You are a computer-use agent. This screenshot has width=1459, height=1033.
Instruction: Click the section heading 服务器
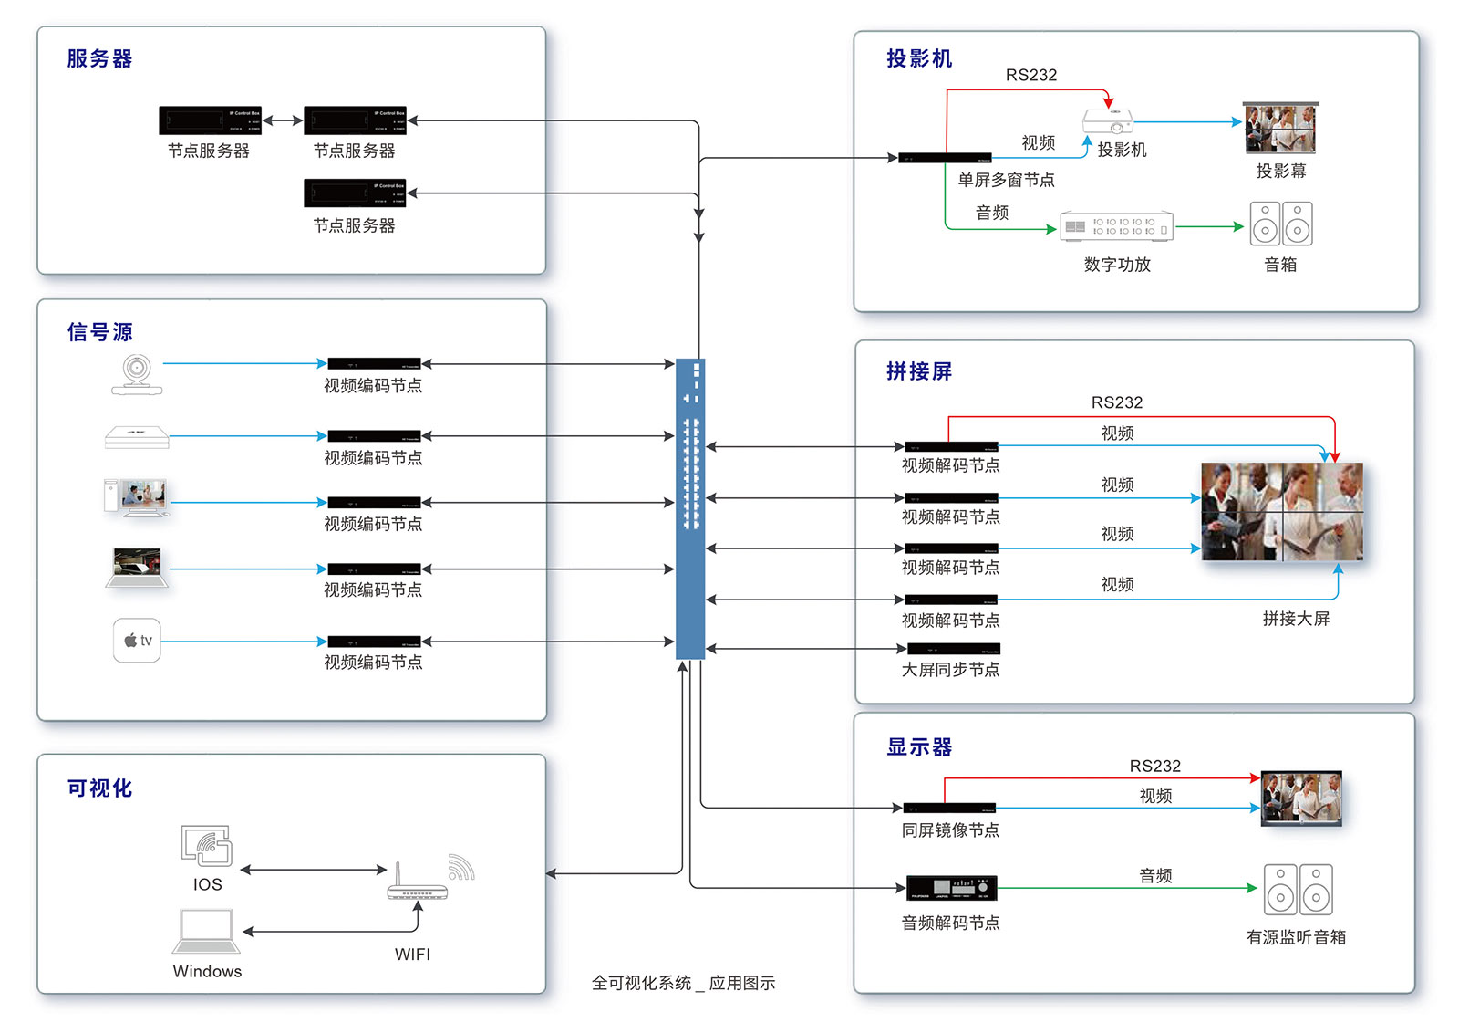coord(99,59)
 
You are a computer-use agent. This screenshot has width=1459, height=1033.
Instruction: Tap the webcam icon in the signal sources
coord(137,374)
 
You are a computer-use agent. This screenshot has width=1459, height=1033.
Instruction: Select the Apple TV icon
coord(137,641)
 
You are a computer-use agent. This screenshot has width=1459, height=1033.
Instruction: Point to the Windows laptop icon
coord(206,932)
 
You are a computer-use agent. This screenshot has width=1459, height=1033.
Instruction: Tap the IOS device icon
coord(207,846)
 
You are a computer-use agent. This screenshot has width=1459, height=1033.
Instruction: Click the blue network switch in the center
coord(690,508)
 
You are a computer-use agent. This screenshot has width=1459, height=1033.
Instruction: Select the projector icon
coord(1108,121)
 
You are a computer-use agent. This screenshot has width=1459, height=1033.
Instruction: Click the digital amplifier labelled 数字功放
coord(1117,226)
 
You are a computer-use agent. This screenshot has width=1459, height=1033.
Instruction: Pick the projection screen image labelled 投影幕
coord(1280,129)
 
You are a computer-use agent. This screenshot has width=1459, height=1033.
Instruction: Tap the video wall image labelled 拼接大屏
coord(1282,511)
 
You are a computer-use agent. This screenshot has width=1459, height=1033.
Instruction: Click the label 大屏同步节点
coord(950,670)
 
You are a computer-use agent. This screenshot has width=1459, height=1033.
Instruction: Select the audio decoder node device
coord(951,888)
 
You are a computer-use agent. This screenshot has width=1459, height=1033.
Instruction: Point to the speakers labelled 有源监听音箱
coord(1298,890)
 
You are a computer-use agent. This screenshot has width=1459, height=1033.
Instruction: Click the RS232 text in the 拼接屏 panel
coord(1117,402)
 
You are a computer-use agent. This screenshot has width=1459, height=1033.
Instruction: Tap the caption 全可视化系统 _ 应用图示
coord(683,983)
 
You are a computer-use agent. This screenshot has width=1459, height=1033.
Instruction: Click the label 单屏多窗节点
coord(1006,180)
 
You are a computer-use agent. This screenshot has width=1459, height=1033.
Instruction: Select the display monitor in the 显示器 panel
coord(1301,798)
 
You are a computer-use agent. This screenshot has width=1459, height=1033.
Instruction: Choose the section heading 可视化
coord(99,788)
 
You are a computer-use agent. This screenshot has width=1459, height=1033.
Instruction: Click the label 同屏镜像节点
coord(950,830)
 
